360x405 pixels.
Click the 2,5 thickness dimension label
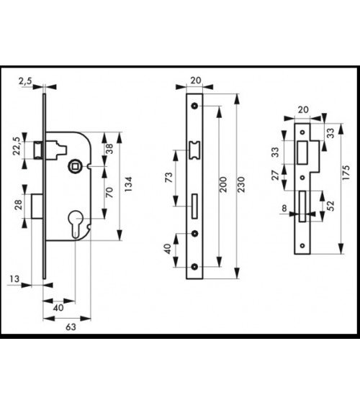(25, 81)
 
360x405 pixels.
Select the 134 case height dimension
(128, 184)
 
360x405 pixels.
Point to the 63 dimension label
(71, 327)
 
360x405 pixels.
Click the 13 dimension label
(14, 279)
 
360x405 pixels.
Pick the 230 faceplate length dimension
(241, 184)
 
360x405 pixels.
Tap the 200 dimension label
(222, 184)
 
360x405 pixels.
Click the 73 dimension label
(168, 178)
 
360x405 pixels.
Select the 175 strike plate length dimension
(346, 173)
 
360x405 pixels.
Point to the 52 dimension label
(330, 206)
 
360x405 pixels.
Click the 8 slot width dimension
(284, 208)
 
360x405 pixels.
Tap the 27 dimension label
(276, 176)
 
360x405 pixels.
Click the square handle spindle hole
(75, 167)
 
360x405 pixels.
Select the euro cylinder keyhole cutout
(75, 224)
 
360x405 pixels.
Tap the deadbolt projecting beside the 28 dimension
(37, 206)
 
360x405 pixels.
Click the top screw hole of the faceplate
(194, 106)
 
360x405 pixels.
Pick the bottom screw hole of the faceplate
(194, 267)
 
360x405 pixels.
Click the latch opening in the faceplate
(194, 150)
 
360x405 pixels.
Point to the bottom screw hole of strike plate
(302, 245)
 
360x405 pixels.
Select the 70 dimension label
(109, 192)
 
